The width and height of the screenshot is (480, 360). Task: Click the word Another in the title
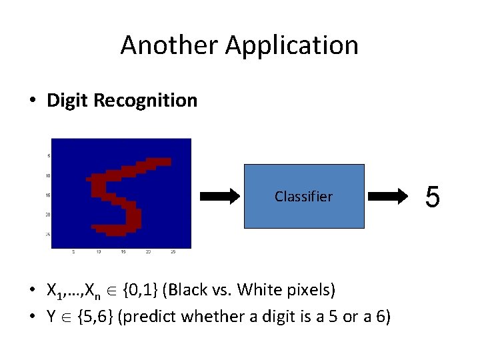(169, 45)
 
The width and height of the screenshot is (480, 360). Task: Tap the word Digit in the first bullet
(68, 101)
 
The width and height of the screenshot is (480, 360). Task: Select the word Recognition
(145, 101)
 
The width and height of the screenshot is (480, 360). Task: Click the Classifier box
(304, 196)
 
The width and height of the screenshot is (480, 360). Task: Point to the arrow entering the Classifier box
(219, 196)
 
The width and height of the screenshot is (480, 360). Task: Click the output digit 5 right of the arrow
(433, 197)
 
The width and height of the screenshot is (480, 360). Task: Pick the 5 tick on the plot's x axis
(73, 252)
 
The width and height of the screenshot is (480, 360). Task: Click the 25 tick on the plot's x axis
(173, 252)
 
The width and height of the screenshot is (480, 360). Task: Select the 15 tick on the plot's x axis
(123, 252)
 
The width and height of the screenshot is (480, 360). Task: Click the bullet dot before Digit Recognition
(32, 101)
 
